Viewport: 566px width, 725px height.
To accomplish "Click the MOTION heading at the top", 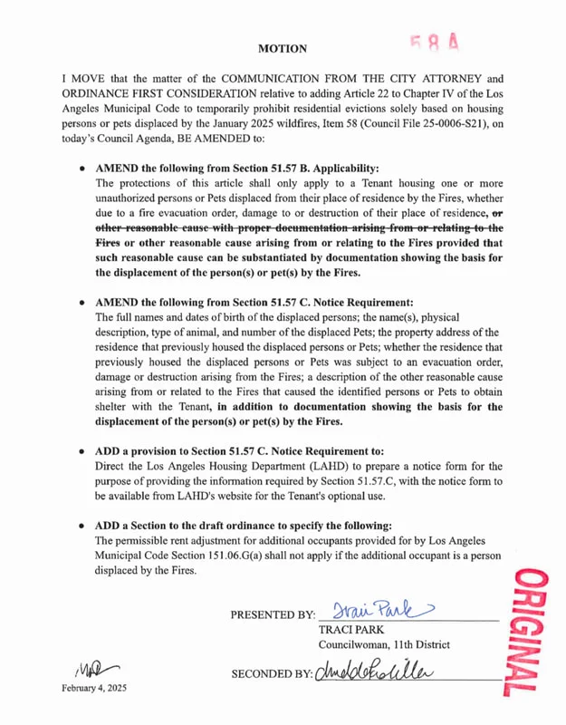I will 282,48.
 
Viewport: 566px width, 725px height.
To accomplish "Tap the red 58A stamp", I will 436,43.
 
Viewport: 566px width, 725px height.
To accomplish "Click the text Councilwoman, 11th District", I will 383,644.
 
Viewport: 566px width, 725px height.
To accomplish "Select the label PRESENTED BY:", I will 273,615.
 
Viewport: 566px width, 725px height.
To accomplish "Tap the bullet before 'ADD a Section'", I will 82,526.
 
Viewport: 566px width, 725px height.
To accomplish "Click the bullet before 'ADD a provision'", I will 82,450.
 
